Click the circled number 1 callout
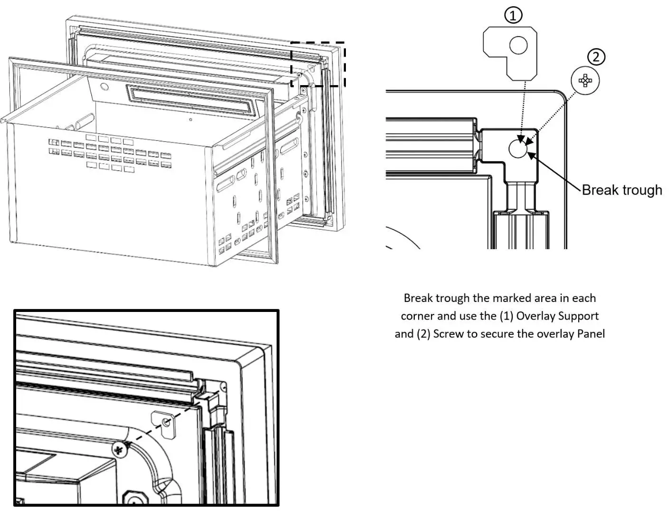click(x=513, y=16)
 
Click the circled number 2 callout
click(x=596, y=57)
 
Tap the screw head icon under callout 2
click(x=585, y=81)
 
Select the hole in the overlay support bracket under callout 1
click(x=518, y=46)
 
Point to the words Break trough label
click(x=621, y=190)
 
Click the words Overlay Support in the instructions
click(x=557, y=316)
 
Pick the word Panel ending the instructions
click(x=591, y=334)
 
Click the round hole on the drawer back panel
click(x=105, y=87)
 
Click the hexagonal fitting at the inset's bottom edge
click(x=134, y=498)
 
